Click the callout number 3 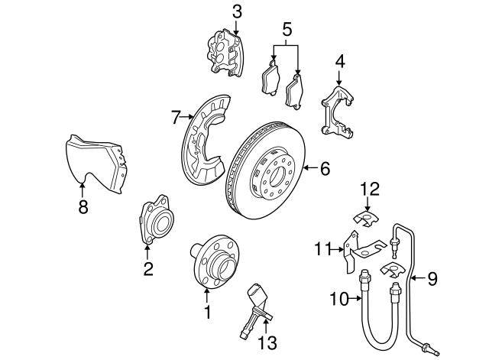click(237, 11)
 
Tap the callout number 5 click(287, 29)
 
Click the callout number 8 click(83, 207)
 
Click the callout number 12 click(369, 187)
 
